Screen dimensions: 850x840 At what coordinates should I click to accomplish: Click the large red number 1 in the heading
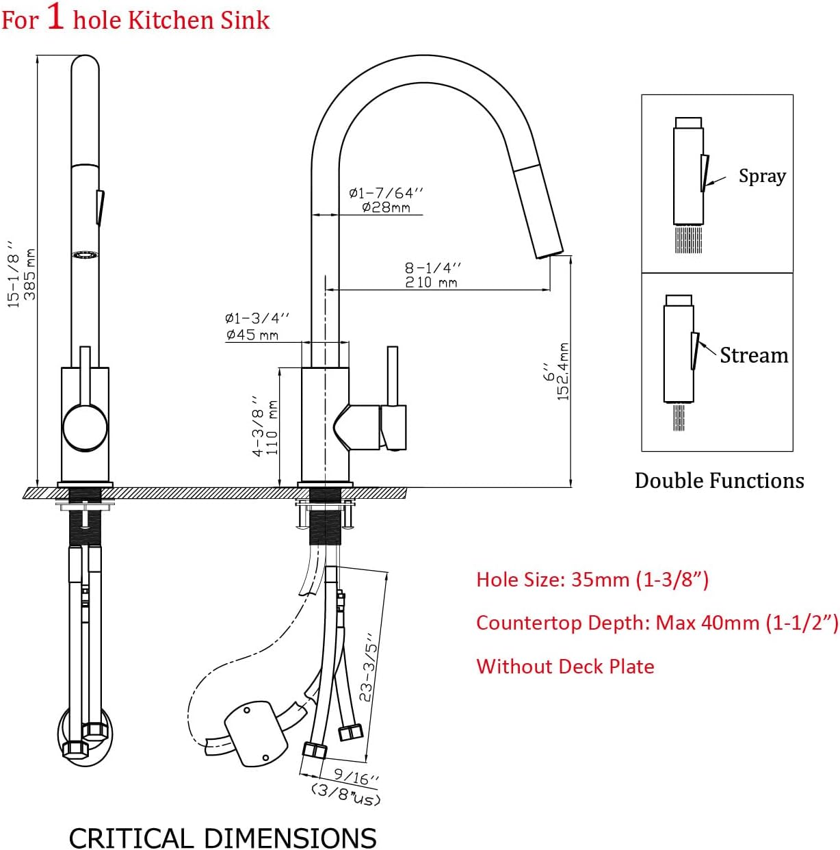coord(55,16)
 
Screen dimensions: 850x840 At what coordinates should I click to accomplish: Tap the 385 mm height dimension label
coord(30,274)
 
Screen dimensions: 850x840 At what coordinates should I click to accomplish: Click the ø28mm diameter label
coord(386,207)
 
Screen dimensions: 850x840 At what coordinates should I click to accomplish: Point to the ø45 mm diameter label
coord(252,334)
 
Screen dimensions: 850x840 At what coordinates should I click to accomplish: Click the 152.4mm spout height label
coord(564,371)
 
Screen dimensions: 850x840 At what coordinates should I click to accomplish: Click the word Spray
coord(762,176)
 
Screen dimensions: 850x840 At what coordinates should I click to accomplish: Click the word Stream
coord(754,355)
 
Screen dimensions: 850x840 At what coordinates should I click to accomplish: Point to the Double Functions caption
coord(719,480)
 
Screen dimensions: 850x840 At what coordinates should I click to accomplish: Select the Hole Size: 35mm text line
coord(592,580)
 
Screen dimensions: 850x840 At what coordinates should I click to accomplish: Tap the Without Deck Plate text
coord(565,666)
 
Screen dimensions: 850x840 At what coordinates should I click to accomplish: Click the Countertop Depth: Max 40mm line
coord(657,623)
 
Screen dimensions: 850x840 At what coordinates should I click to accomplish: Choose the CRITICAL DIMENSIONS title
coord(222,838)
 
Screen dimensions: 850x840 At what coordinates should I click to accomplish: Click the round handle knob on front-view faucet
coord(85,428)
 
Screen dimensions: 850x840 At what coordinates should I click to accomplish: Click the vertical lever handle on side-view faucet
coord(393,376)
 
